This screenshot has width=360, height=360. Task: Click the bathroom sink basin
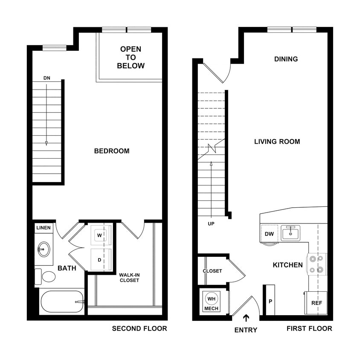(x=44, y=248)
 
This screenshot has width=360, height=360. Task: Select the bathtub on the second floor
(x=62, y=302)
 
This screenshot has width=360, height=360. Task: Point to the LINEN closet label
(x=43, y=228)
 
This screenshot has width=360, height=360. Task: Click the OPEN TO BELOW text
(x=131, y=58)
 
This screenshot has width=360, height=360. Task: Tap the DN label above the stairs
(x=47, y=78)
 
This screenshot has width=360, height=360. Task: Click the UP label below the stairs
(x=211, y=224)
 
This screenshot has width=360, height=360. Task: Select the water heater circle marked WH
(x=212, y=298)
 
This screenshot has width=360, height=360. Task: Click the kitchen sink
(x=290, y=233)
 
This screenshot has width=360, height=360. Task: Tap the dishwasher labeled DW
(x=269, y=234)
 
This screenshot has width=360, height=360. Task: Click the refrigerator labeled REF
(x=316, y=303)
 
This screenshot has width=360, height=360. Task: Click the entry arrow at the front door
(x=246, y=318)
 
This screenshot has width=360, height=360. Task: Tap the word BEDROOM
(x=112, y=151)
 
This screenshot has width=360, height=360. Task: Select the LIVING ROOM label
(x=277, y=142)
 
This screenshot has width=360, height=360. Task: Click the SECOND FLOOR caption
(x=139, y=328)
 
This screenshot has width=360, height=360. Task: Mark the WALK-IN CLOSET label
(x=129, y=277)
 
